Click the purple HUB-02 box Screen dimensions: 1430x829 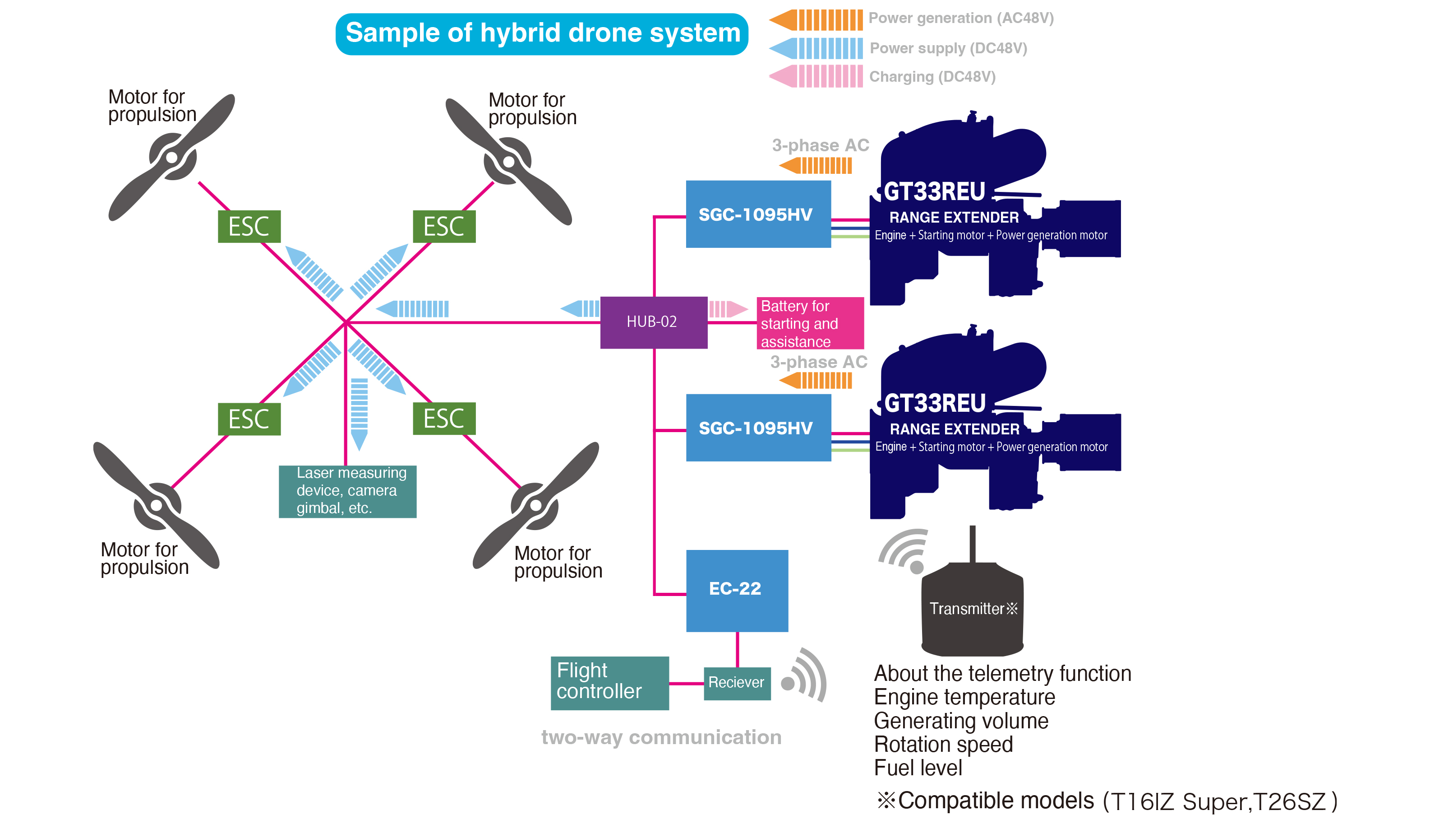tap(654, 322)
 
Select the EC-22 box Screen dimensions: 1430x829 tap(737, 591)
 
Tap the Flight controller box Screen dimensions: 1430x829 tap(609, 683)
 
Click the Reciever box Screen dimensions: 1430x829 tap(737, 683)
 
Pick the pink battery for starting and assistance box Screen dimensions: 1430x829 tap(810, 323)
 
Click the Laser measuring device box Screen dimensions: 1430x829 tap(347, 491)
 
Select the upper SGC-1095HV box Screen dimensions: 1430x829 tap(758, 214)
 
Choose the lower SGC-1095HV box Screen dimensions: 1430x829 tap(758, 428)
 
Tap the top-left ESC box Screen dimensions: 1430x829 tap(249, 227)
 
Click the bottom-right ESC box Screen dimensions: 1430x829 tap(444, 419)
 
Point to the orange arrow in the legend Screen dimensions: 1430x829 tap(816, 20)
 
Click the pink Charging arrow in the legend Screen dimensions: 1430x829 tap(816, 76)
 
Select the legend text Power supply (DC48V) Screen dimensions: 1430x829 tap(948, 48)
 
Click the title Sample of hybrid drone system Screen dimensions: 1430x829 tap(543, 33)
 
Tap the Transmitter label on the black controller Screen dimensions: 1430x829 tap(973, 609)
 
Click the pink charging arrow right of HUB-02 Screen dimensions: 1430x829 tap(729, 309)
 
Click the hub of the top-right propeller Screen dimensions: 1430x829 tap(509, 162)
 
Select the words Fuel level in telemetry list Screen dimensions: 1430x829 tap(918, 768)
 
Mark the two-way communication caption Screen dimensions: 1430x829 tap(661, 738)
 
